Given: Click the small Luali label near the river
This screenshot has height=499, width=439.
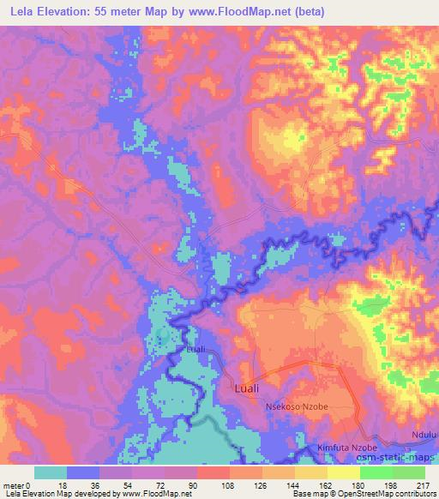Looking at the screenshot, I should tap(196, 350).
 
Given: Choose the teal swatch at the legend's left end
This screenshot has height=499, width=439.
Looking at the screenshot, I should tap(51, 472).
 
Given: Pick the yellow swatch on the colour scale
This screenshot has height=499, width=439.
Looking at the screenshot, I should tap(343, 472).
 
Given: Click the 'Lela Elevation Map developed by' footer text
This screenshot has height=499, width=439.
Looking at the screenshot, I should tap(59, 494).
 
